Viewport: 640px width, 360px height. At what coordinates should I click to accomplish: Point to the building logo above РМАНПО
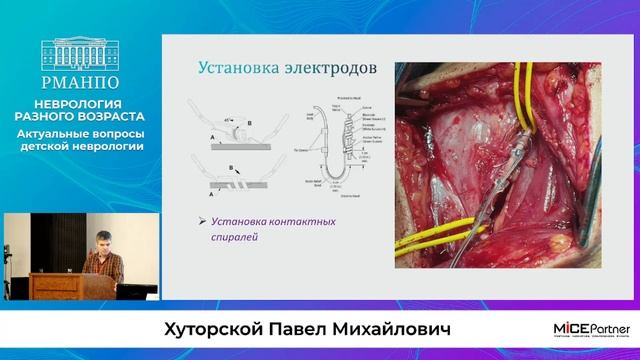[x=80, y=58]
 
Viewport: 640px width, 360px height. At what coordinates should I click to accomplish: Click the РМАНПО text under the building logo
[x=80, y=84]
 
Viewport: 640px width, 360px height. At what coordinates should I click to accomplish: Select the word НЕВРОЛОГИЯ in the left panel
[x=80, y=103]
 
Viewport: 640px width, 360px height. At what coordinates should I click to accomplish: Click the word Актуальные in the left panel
[x=56, y=133]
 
